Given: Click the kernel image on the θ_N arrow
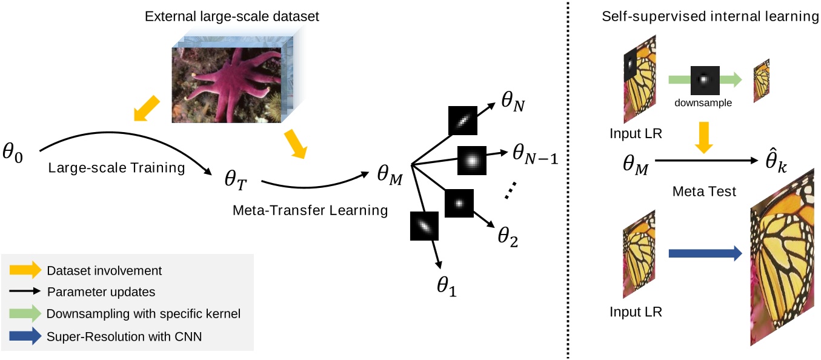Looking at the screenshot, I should [x=463, y=121].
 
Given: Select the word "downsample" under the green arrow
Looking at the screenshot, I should [x=703, y=102].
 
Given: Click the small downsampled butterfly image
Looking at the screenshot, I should [x=761, y=79].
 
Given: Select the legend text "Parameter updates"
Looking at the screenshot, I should [x=101, y=292].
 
